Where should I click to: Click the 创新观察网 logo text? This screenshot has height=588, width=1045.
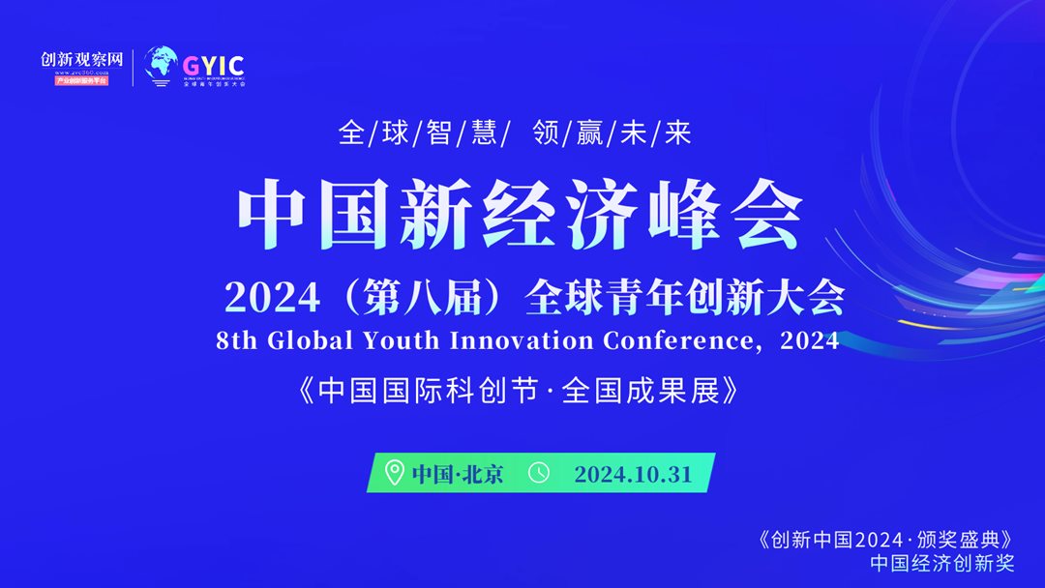82,59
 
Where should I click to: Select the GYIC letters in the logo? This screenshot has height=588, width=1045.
214,64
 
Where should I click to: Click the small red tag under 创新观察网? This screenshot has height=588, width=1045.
81,80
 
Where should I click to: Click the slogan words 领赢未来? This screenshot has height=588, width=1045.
612,133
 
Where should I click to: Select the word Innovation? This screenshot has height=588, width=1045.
522,340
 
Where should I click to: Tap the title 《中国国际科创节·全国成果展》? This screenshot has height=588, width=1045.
522,391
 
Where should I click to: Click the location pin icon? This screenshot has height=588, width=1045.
394,473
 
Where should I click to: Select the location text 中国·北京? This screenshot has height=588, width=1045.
458,474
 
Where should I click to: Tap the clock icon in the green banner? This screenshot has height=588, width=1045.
539,473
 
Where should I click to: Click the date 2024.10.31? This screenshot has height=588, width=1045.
633,474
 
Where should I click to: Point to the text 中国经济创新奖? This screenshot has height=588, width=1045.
941,563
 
